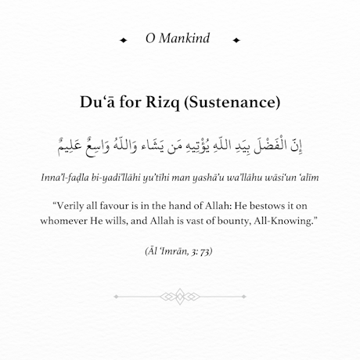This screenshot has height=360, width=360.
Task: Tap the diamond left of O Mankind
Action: pos(123,39)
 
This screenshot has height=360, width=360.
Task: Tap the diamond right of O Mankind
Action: pos(236,39)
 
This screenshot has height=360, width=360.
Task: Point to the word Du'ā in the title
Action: pos(98,102)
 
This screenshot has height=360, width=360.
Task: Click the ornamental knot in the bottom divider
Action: pos(180,296)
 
